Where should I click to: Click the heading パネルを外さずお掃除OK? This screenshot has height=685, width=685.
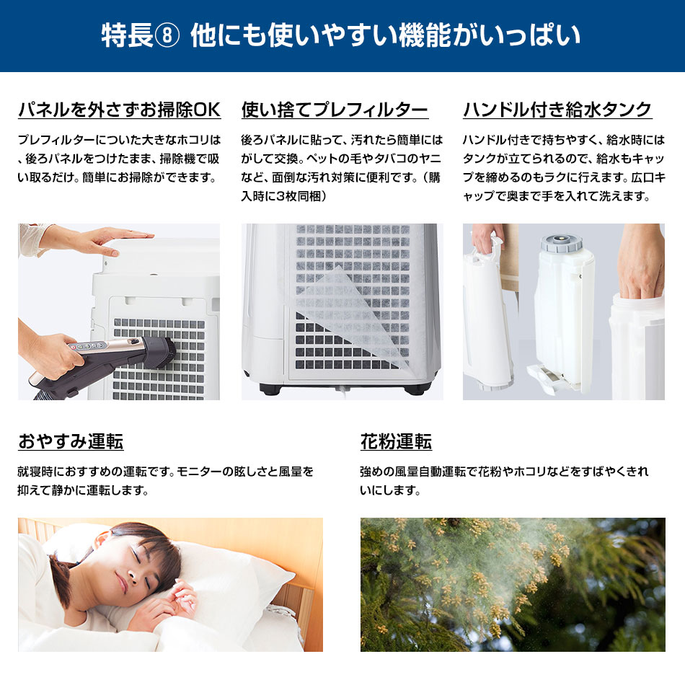point(119,109)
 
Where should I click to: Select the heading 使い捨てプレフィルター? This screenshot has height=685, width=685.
point(335,109)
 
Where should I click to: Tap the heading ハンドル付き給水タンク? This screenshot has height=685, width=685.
point(557,109)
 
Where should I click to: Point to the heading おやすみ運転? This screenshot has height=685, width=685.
point(71,441)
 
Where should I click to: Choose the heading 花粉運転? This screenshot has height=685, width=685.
point(396,441)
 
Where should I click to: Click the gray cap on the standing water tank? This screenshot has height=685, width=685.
point(562,242)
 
